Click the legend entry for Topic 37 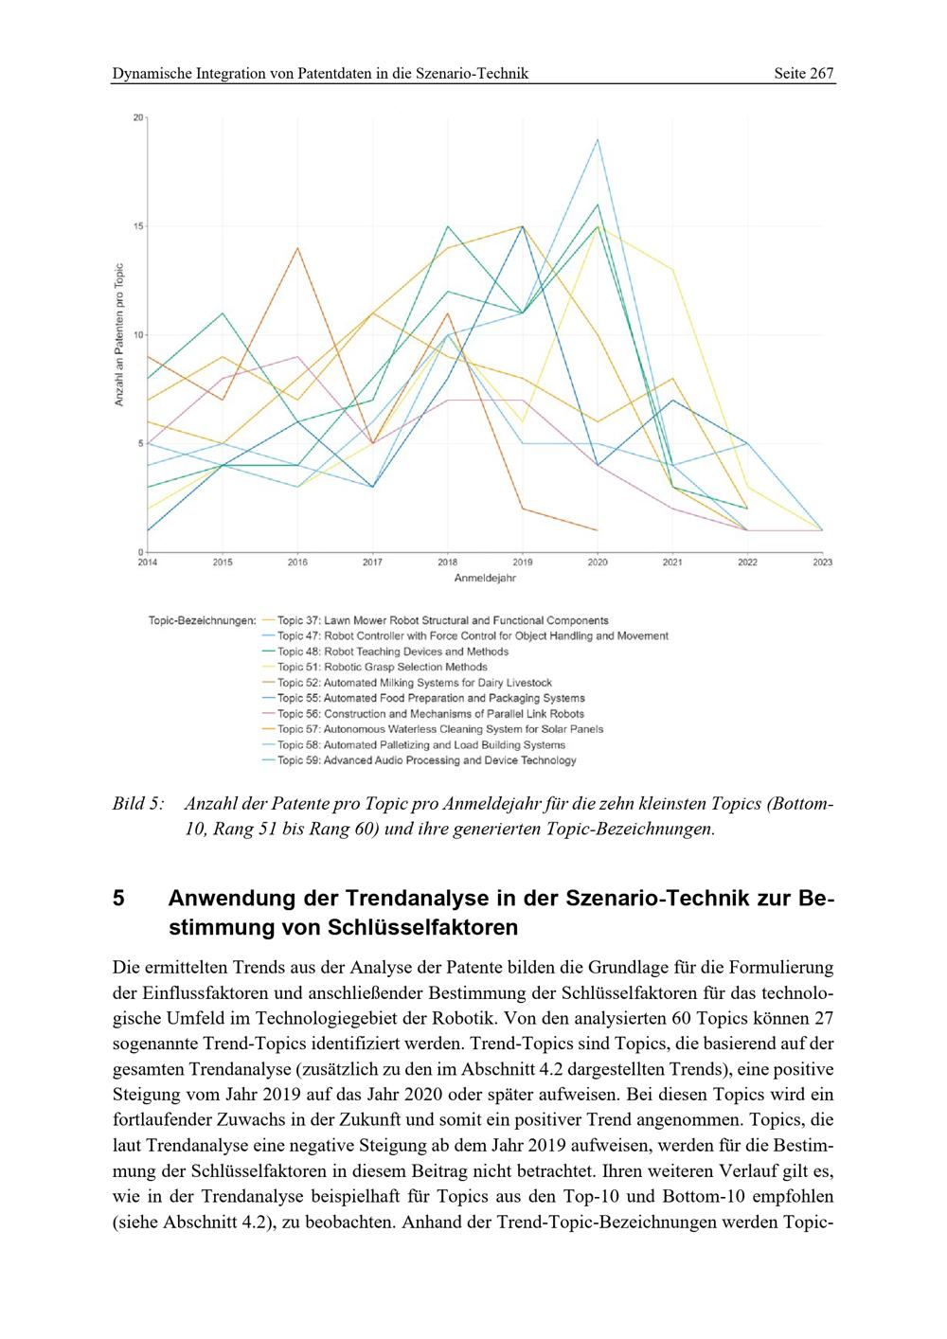point(442,620)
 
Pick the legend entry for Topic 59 point(426,760)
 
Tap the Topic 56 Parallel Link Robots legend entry point(430,714)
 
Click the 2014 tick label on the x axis point(148,562)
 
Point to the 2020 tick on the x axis point(597,562)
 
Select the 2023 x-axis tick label point(821,562)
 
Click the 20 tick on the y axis point(138,117)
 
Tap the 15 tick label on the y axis point(138,226)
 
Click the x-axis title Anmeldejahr point(484,578)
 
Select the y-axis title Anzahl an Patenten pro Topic point(120,335)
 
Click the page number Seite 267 point(804,73)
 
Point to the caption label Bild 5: point(137,804)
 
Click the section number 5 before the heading point(118,898)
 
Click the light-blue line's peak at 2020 point(597,139)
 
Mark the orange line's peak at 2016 point(297,248)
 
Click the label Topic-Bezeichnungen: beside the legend point(203,621)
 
